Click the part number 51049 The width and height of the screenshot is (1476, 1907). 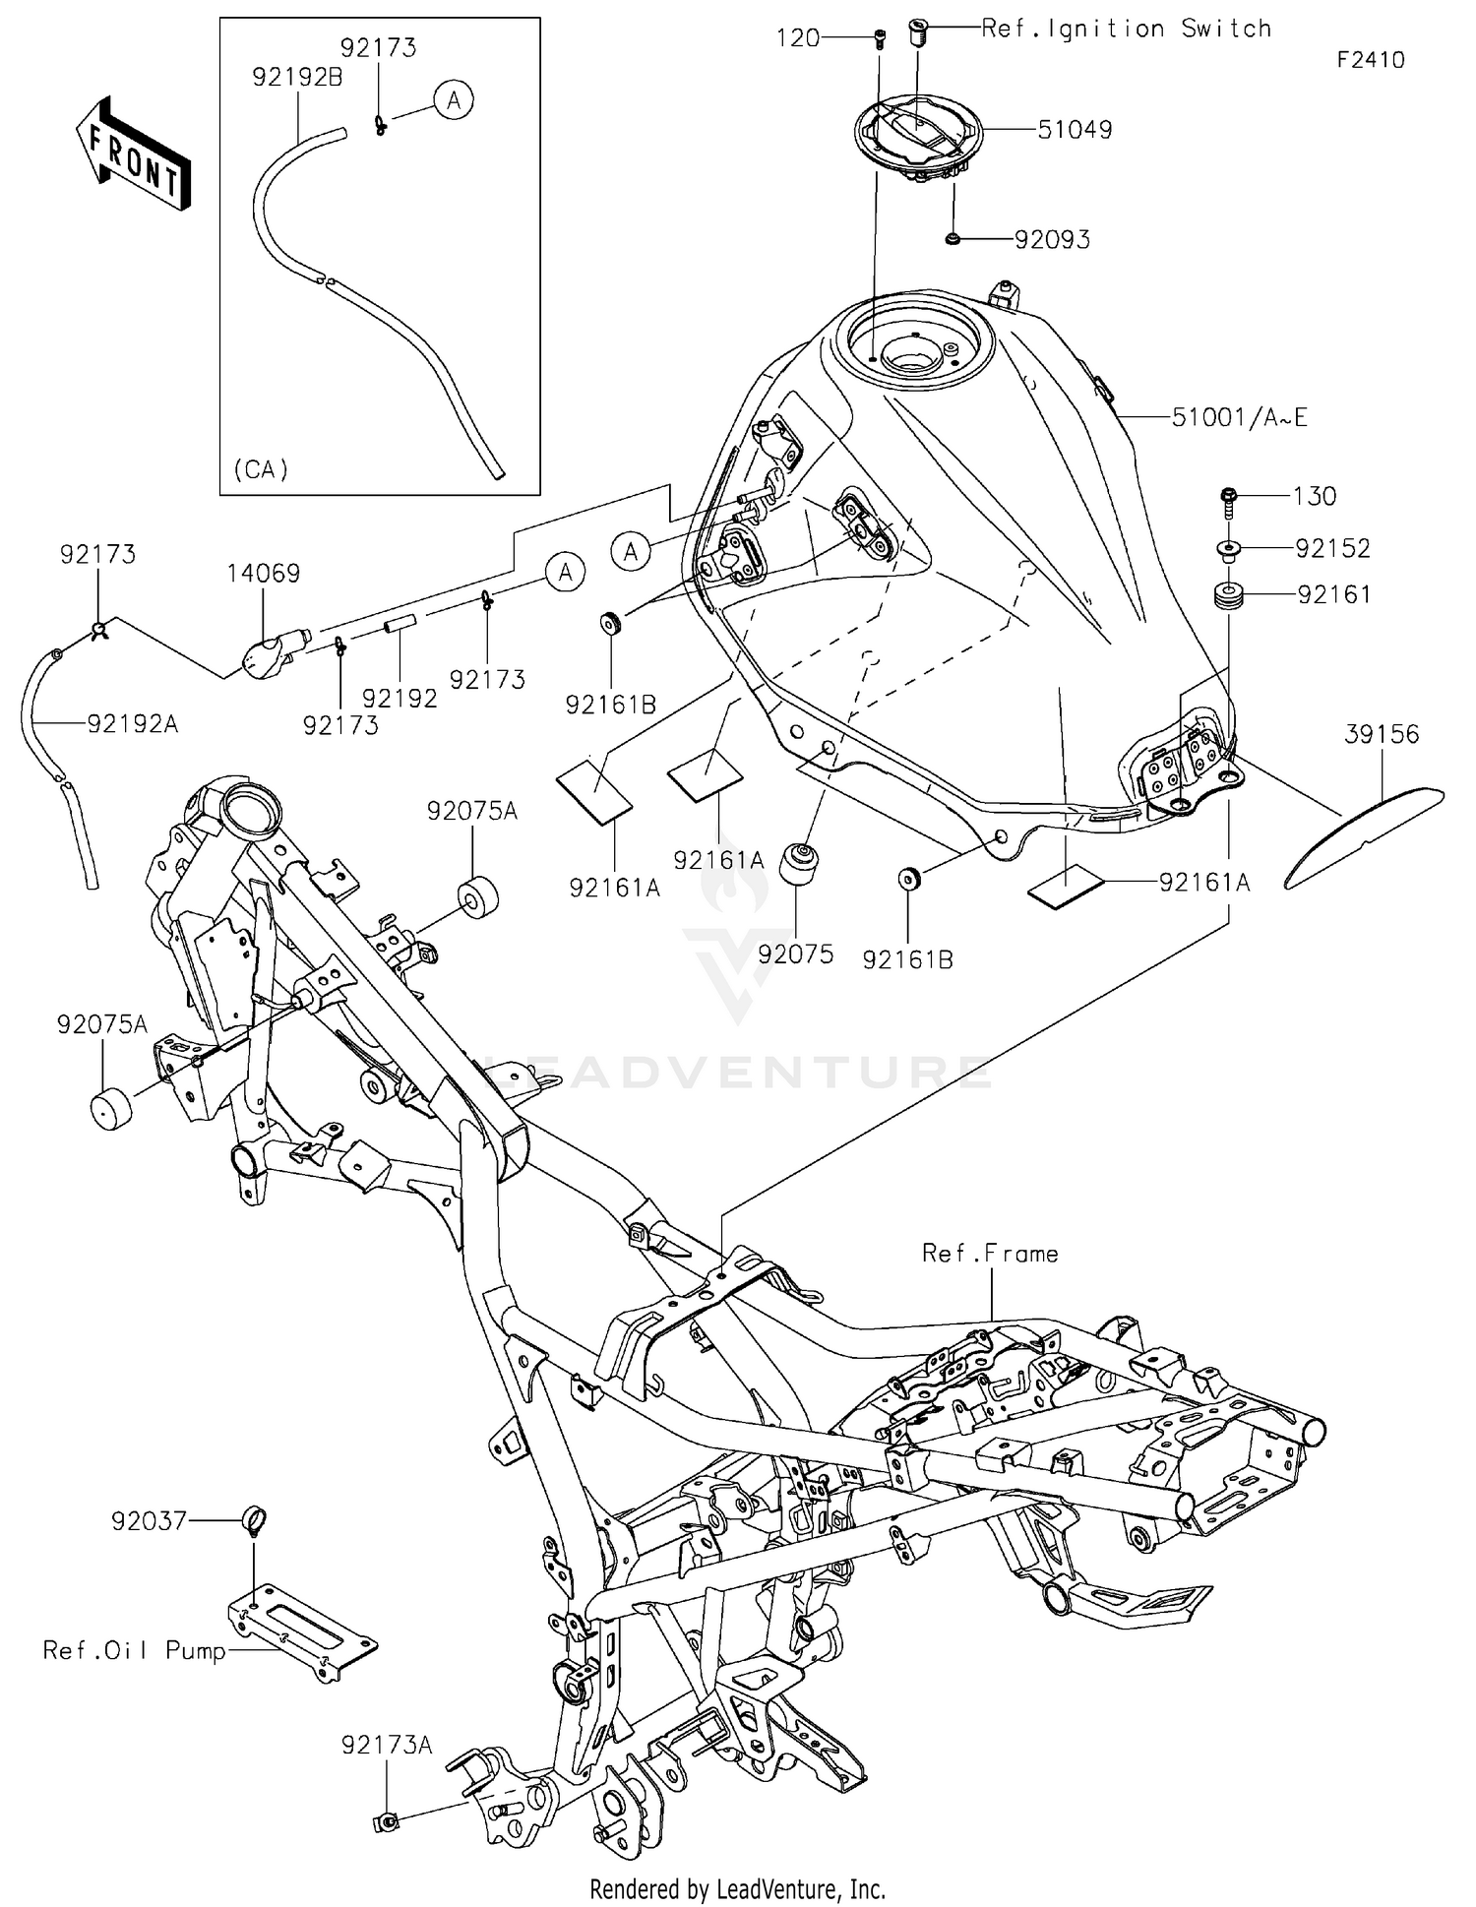[1075, 130]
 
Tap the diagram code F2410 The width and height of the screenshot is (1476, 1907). [1370, 60]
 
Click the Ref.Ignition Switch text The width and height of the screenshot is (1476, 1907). [1126, 29]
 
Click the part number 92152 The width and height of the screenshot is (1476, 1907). [1332, 548]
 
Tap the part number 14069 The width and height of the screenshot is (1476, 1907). [263, 574]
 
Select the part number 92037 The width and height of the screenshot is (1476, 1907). [149, 1521]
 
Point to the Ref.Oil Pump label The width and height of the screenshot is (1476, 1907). [134, 1650]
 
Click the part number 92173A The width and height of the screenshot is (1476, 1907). [387, 1745]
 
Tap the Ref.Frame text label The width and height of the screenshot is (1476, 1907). [990, 1254]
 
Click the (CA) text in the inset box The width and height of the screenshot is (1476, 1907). [261, 470]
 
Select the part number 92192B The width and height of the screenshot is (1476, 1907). [297, 78]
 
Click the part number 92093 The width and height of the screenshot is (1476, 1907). [1052, 240]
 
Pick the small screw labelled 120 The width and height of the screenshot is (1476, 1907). [878, 39]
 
